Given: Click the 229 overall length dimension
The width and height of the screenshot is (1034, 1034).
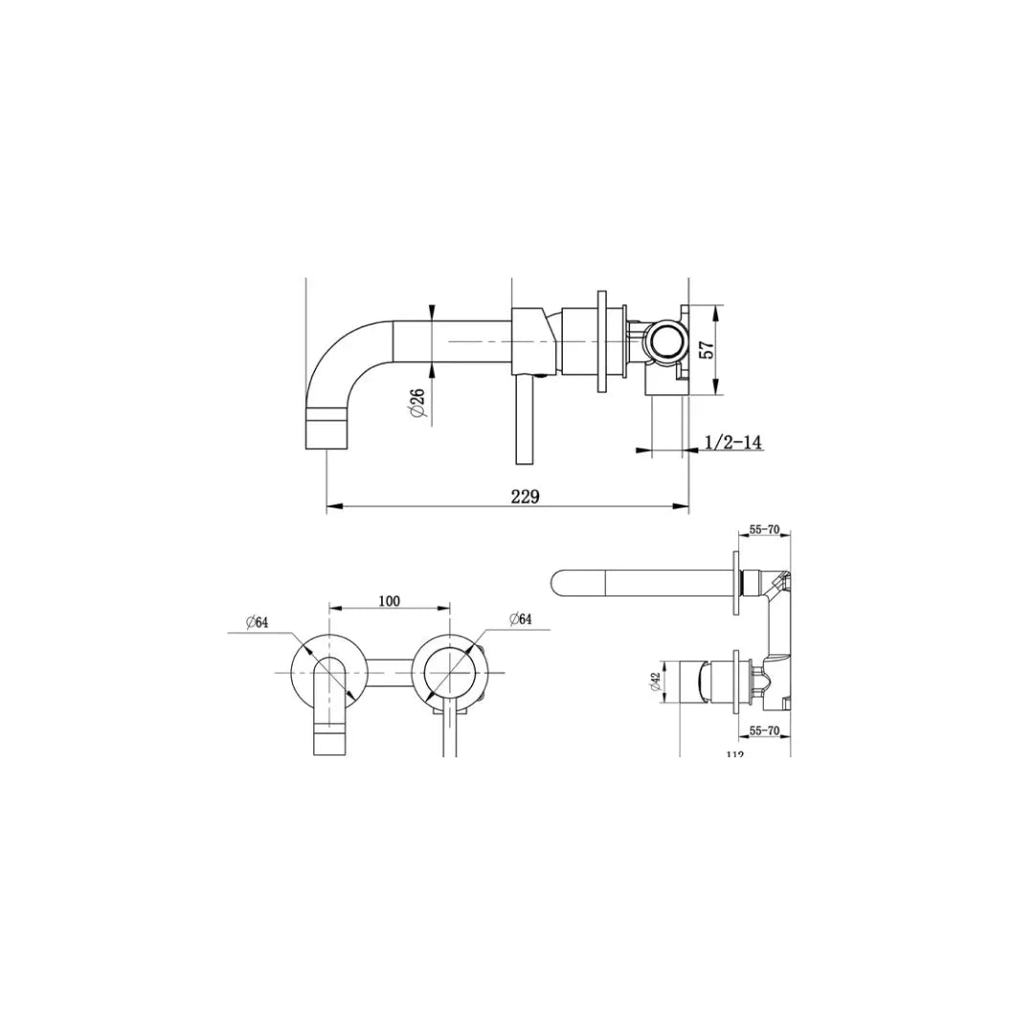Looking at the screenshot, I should [525, 496].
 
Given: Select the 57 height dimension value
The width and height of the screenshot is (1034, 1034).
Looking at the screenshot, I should [708, 349].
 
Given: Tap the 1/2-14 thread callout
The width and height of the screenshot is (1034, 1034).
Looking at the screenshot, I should [732, 441].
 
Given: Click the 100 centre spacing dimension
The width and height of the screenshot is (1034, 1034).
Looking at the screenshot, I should [389, 601].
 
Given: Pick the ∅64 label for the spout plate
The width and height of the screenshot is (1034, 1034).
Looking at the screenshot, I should [256, 622].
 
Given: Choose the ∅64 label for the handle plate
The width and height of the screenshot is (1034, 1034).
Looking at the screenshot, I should [520, 619].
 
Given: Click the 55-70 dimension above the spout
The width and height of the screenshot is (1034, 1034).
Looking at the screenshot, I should [766, 528].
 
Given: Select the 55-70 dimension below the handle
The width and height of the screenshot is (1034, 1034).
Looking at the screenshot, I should [766, 731].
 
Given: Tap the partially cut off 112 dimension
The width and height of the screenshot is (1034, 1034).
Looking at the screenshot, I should [734, 753].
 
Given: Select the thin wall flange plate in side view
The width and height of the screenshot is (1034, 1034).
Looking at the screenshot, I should [602, 341].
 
